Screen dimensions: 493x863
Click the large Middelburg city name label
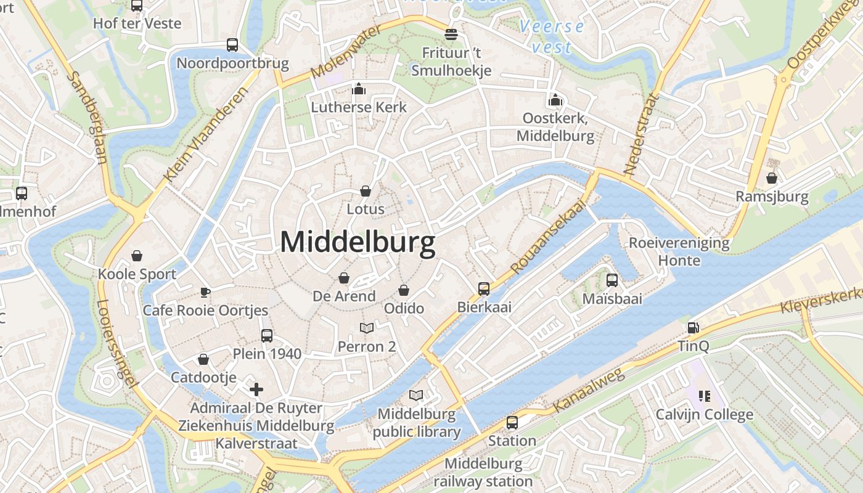[358, 243]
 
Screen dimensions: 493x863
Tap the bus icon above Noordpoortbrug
[232, 45]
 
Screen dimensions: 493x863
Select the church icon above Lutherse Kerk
[359, 89]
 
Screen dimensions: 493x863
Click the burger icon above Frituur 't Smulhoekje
[451, 34]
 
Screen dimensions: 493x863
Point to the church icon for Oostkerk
[555, 100]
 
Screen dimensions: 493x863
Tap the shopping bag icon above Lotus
[366, 191]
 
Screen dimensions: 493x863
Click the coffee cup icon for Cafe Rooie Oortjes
[205, 292]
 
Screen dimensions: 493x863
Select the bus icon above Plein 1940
[267, 336]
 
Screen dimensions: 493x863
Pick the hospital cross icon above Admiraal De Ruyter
[256, 389]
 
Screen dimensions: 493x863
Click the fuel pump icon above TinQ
[693, 328]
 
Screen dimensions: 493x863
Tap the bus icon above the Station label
[512, 423]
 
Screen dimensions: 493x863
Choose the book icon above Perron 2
[367, 328]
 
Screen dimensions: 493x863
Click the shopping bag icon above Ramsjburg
[772, 179]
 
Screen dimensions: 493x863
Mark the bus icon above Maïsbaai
[612, 280]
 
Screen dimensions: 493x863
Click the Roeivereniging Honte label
[679, 251]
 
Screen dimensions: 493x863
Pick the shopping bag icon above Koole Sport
[137, 256]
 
